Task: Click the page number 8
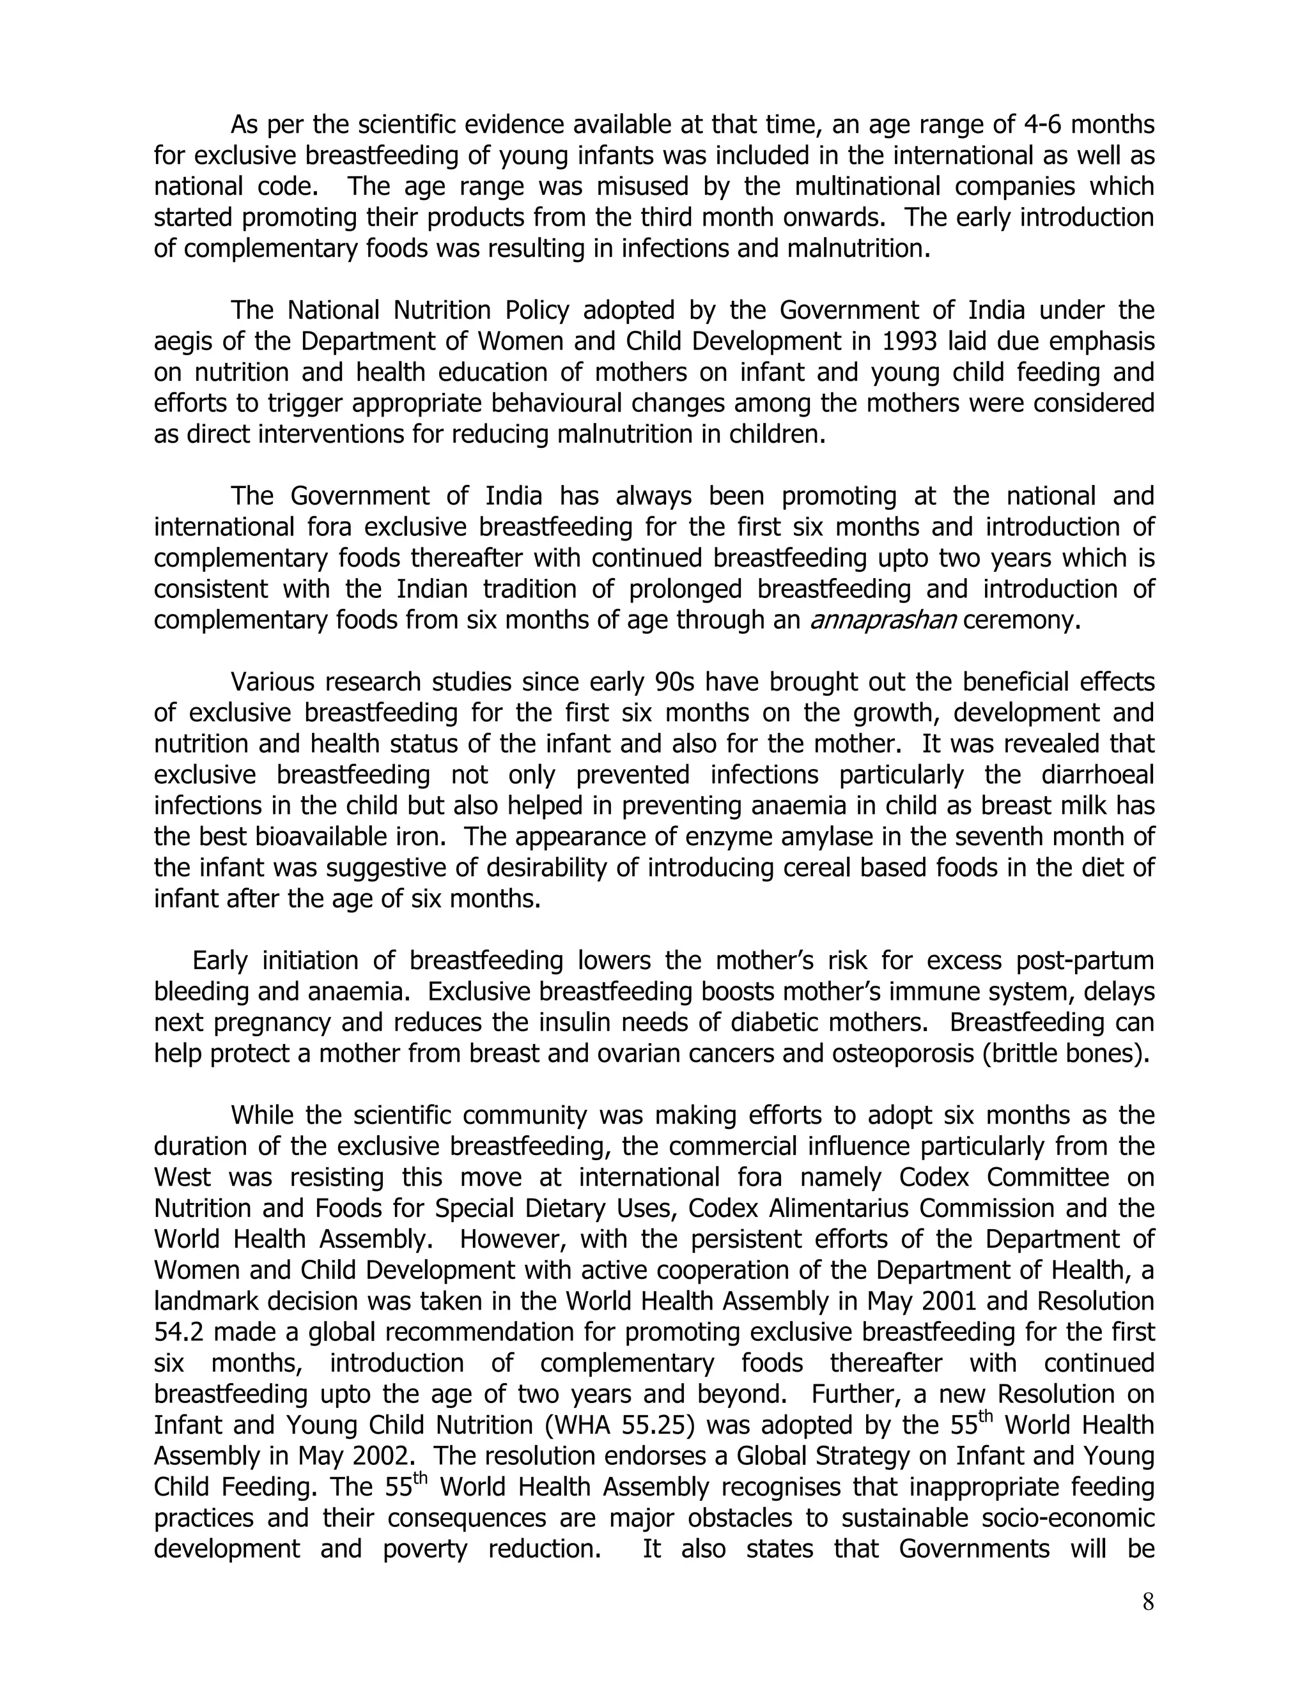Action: pyautogui.click(x=1148, y=1602)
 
